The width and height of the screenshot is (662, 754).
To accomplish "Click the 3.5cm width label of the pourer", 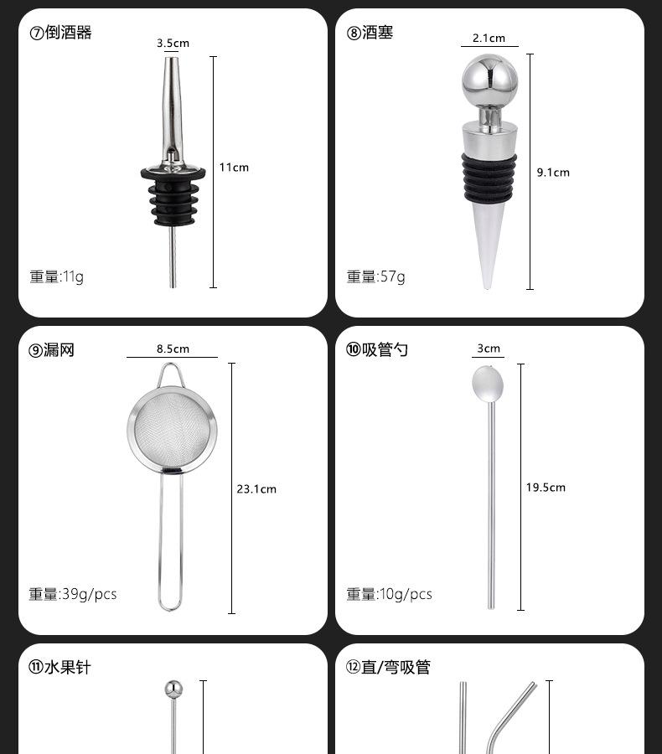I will (173, 43).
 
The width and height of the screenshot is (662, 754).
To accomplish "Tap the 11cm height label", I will (234, 168).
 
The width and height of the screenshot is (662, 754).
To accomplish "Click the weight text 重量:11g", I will (57, 276).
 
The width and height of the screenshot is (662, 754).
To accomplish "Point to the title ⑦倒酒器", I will (60, 33).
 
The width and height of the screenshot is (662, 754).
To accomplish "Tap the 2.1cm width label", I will (489, 39).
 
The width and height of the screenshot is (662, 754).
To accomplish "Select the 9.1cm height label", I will (552, 173).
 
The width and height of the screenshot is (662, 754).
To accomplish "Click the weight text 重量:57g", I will (375, 276).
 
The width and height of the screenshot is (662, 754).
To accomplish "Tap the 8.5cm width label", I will (173, 349).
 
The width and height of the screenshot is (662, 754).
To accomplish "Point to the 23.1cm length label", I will (256, 488).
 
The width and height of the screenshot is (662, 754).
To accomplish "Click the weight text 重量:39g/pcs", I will (73, 594).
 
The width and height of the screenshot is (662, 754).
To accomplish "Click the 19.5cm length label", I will (546, 488).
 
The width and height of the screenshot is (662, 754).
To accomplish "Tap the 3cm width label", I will (489, 349).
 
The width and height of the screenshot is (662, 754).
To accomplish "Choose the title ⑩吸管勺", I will (377, 349).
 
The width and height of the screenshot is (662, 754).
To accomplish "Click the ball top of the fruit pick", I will (173, 689).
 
